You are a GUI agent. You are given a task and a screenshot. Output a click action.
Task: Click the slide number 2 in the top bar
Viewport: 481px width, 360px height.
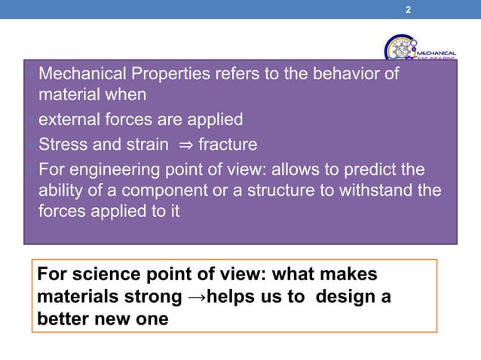pyautogui.click(x=408, y=10)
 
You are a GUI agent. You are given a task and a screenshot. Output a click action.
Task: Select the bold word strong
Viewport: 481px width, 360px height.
pyautogui.click(x=145, y=297)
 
